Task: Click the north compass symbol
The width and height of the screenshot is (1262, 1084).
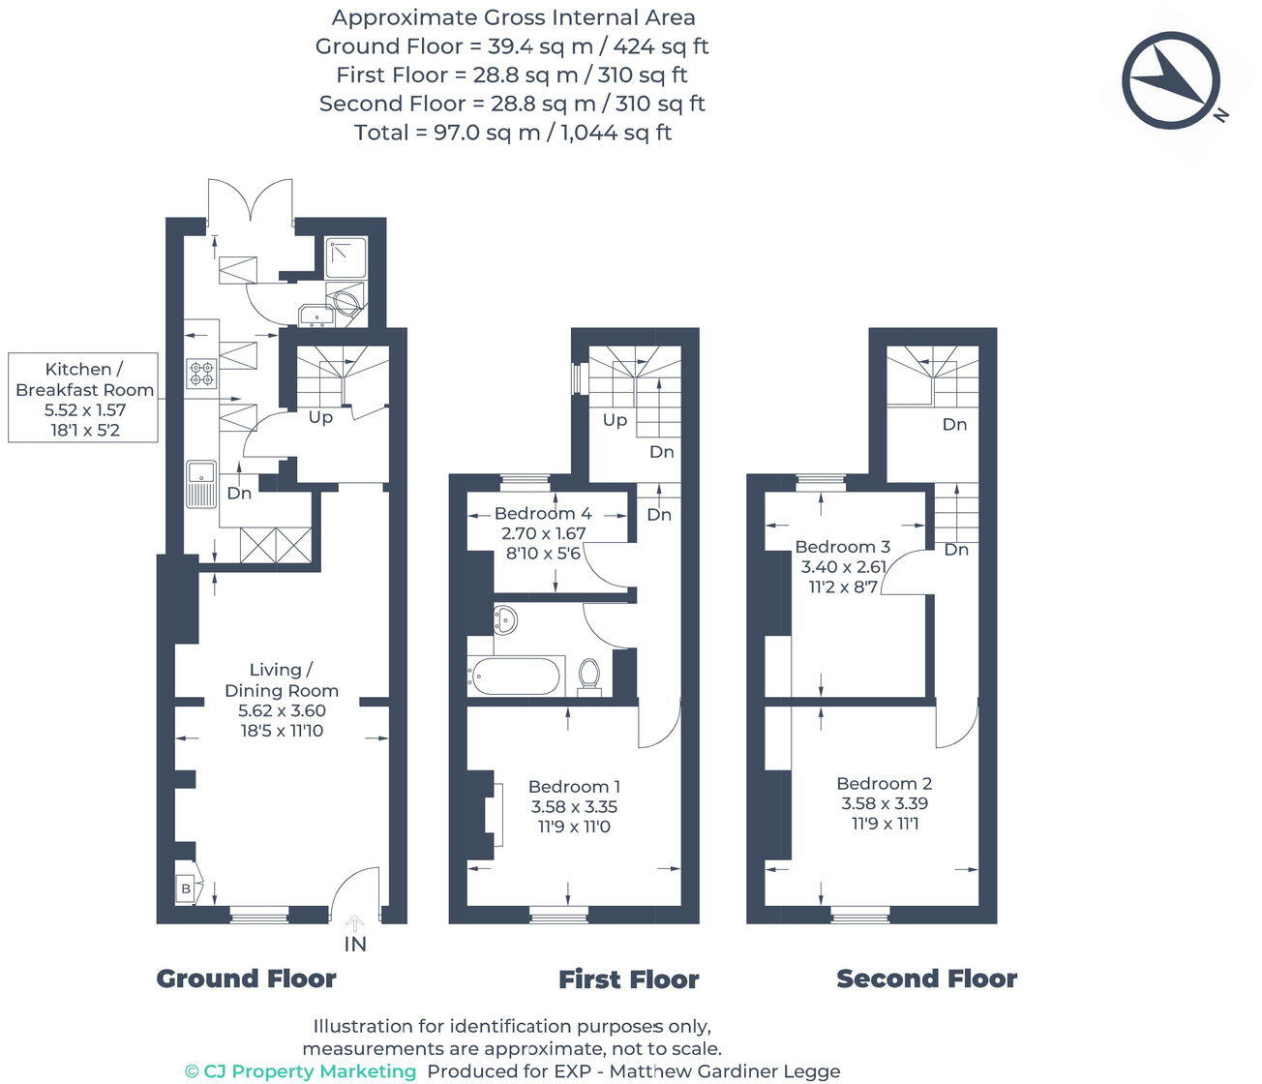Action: point(1171,80)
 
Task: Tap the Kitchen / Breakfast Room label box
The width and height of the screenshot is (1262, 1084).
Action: point(83,398)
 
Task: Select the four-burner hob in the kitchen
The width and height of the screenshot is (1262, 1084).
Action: point(202,373)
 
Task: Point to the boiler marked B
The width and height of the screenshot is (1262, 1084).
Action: point(185,888)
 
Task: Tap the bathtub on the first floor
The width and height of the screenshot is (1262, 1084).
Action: point(514,676)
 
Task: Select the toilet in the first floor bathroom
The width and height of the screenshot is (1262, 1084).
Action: point(588,675)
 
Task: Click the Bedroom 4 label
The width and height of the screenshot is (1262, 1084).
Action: point(543,513)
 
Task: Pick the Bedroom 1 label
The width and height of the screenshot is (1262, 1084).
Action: point(574,787)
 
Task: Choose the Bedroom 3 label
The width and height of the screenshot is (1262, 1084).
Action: point(842,547)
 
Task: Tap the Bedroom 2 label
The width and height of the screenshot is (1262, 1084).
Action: point(884,783)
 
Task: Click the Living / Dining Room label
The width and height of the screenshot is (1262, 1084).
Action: point(281,679)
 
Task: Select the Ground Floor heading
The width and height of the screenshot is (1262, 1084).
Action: point(246,979)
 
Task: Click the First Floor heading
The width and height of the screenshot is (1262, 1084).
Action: point(628,979)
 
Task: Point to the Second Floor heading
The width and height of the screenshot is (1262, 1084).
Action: point(926,979)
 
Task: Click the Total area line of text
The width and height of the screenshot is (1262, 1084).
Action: point(512,133)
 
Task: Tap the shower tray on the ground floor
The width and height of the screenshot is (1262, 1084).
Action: point(346,256)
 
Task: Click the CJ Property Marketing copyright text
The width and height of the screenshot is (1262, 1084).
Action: point(300,1070)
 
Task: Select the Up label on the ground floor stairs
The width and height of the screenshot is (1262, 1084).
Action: point(320,417)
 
